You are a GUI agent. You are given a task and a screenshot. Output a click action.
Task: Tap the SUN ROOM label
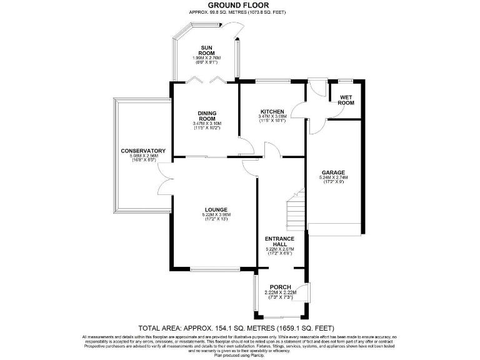pyautogui.click(x=207, y=50)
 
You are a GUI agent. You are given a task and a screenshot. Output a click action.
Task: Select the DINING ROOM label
pyautogui.click(x=207, y=116)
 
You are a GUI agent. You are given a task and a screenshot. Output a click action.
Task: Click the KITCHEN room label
pyautogui.click(x=272, y=111)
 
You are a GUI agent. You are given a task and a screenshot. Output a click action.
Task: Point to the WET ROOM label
pyautogui.click(x=346, y=100)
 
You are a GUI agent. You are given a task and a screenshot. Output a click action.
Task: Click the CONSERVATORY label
pyautogui.click(x=144, y=151)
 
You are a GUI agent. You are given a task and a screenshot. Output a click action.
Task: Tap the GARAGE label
pyautogui.click(x=333, y=172)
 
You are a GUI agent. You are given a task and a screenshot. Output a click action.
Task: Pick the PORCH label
pyautogui.click(x=279, y=287)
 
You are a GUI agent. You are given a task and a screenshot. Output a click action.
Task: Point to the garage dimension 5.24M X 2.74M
pyautogui.click(x=333, y=177)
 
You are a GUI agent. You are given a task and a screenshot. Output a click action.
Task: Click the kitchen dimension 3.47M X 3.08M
pyautogui.click(x=272, y=116)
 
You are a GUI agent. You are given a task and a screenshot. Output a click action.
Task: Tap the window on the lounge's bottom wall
pyautogui.click(x=214, y=269)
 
